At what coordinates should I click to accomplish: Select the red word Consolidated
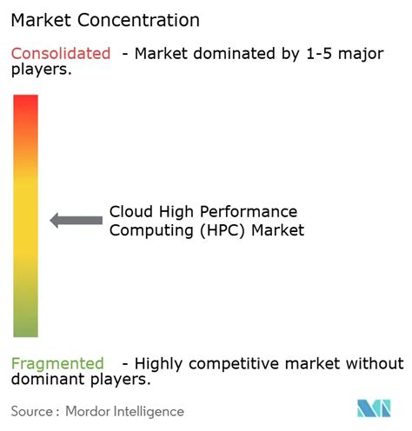tap(61, 54)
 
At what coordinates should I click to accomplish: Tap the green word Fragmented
tap(57, 363)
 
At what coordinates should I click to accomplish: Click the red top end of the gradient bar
tap(26, 103)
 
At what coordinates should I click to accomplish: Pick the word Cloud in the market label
tap(130, 212)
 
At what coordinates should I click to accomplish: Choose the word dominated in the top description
tap(220, 54)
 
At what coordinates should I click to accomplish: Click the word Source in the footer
tap(31, 411)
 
